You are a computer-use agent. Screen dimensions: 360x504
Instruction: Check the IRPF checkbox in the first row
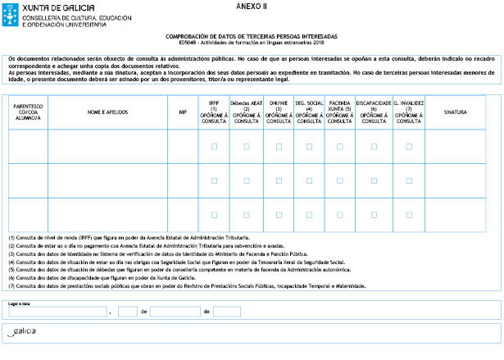214,147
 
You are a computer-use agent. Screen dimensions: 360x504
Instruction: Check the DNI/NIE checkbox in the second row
279,180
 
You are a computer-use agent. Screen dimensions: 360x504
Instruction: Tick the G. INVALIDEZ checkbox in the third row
408,215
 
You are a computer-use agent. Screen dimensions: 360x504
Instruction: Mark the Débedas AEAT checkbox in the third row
247,215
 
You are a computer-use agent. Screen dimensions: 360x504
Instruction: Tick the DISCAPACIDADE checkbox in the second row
373,180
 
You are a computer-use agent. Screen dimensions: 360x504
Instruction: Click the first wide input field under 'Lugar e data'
57,312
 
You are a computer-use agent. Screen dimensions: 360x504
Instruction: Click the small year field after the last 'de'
226,312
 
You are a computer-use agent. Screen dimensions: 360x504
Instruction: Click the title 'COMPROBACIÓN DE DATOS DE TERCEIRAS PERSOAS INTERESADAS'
252,36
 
